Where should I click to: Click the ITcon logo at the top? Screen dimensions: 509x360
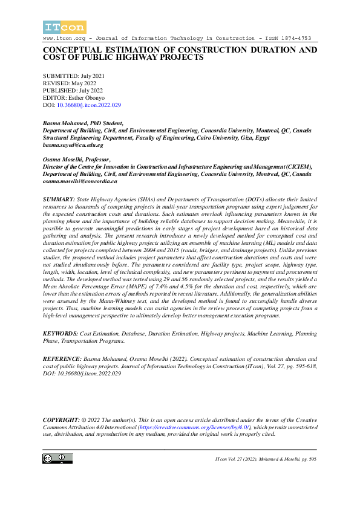click(64, 27)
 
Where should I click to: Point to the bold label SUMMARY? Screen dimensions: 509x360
click(59, 199)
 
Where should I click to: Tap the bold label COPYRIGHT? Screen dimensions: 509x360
click(62, 419)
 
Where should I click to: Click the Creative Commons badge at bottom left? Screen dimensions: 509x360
click(54, 459)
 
